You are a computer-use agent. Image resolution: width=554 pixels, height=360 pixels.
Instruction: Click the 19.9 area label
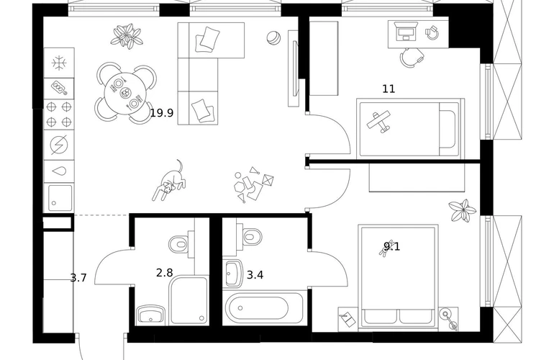click(162, 113)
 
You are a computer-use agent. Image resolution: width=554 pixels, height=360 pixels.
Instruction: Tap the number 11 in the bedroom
click(389, 89)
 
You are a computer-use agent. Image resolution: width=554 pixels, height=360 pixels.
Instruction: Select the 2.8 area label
click(164, 273)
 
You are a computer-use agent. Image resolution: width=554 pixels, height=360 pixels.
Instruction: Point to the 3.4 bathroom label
click(255, 275)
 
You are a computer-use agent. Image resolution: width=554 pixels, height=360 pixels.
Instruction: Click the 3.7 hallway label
click(78, 278)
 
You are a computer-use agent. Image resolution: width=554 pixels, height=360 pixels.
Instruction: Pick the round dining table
click(125, 93)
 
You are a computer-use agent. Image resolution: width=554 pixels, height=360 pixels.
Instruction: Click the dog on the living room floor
click(169, 181)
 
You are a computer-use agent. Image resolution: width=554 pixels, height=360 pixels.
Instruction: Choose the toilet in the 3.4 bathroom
click(253, 235)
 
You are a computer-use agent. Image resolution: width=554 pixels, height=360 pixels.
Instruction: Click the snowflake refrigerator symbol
click(59, 63)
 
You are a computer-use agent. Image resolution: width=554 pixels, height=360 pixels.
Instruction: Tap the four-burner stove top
click(59, 114)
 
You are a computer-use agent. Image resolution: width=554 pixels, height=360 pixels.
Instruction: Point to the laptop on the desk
click(405, 31)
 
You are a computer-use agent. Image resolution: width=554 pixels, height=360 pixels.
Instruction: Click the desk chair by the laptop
click(412, 57)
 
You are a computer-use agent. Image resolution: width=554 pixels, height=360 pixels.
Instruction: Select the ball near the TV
click(273, 38)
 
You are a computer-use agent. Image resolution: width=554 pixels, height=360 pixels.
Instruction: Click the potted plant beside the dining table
click(127, 36)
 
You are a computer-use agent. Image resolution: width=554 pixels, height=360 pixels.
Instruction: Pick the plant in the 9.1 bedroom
click(463, 210)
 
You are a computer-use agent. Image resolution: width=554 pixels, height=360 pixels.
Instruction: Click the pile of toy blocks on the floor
click(253, 184)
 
